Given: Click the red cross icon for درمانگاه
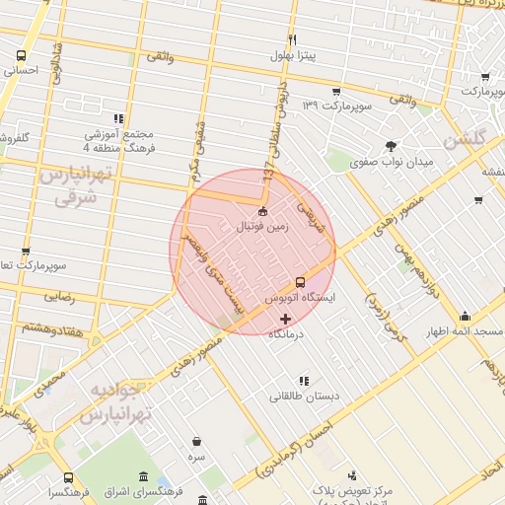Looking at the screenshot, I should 286,319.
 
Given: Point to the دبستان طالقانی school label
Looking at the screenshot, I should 305,397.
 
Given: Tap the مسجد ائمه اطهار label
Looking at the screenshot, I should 464,331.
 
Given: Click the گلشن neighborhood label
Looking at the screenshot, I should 466,140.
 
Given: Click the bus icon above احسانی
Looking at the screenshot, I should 22,55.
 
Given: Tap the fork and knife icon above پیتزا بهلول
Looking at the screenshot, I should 292,38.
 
